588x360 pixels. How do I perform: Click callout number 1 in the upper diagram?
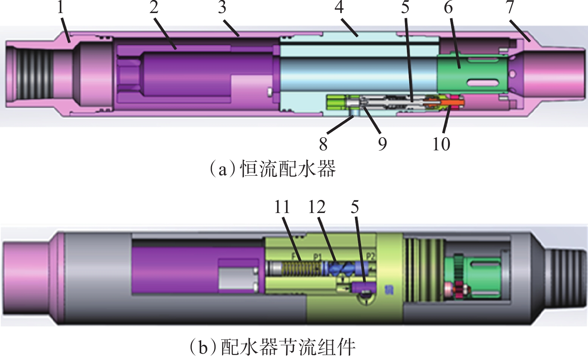point(60,7)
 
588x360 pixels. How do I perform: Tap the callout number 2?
point(154,7)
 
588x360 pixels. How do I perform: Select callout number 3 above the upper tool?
point(222,7)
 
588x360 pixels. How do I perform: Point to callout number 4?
point(339,7)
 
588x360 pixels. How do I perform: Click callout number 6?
point(448,7)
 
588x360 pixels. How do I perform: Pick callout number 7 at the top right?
point(510,7)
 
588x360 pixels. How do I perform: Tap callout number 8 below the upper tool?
point(323,144)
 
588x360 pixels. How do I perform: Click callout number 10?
point(441,144)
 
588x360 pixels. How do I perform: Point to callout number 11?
point(282,207)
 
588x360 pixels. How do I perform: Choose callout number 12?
point(317,207)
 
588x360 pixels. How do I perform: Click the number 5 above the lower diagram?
point(355,207)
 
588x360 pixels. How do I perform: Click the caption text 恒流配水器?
point(287,169)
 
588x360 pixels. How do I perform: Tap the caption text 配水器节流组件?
point(287,347)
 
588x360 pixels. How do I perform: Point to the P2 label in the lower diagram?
point(370,256)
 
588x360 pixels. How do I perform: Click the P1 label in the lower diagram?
point(317,257)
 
